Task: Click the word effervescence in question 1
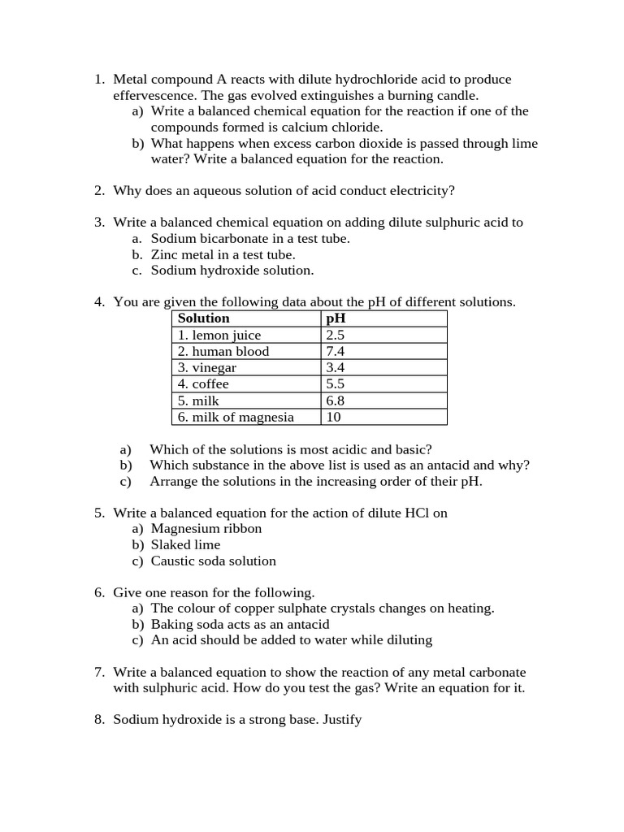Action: [x=151, y=95]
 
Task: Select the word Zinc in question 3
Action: [x=166, y=254]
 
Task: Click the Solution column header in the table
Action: [x=203, y=318]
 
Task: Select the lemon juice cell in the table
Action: [x=219, y=335]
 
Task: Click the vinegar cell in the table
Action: [x=207, y=367]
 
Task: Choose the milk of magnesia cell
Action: [x=236, y=417]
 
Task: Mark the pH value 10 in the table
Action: [x=333, y=417]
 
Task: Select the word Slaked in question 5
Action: [x=169, y=545]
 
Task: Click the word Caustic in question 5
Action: [x=172, y=561]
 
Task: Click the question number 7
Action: [x=98, y=673]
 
